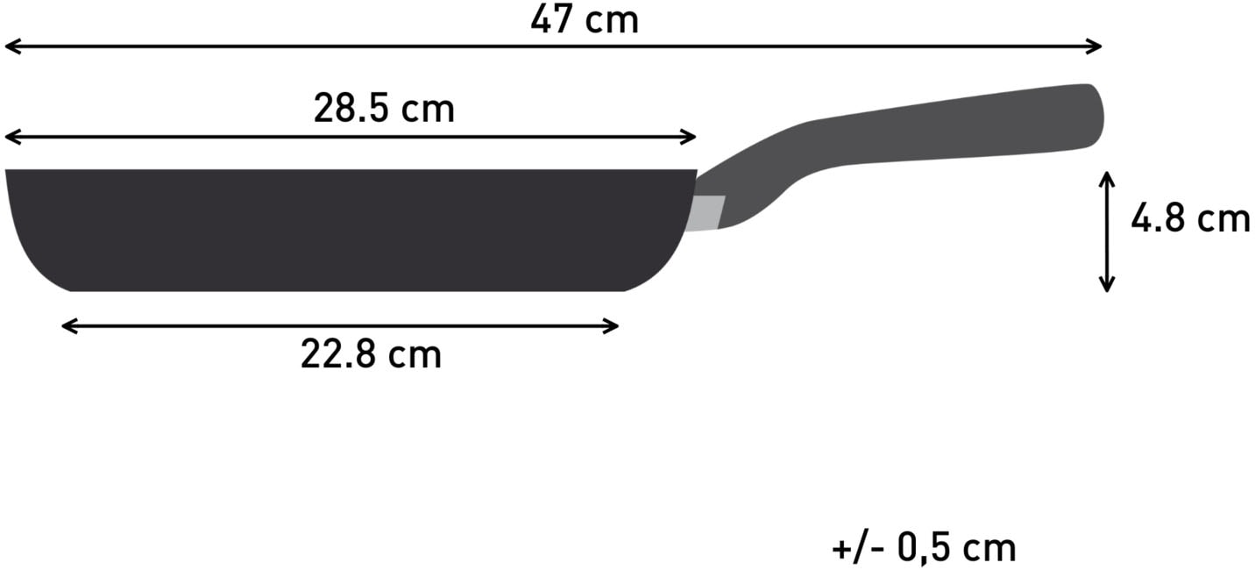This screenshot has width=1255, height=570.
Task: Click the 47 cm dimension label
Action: pyautogui.click(x=585, y=19)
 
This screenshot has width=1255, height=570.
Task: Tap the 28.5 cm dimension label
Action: pyautogui.click(x=384, y=109)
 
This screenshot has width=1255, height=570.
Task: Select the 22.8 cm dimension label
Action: pyautogui.click(x=371, y=355)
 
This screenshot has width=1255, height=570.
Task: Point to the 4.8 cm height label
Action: pyautogui.click(x=1189, y=219)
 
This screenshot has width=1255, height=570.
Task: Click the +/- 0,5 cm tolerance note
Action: pyautogui.click(x=924, y=548)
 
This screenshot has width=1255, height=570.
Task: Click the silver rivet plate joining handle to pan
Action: pyautogui.click(x=706, y=213)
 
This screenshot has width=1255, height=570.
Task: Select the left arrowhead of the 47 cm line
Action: pyautogui.click(x=11, y=46)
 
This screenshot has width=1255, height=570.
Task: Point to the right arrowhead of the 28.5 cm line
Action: pyautogui.click(x=690, y=137)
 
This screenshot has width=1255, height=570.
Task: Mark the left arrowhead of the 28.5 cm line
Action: pyautogui.click(x=11, y=137)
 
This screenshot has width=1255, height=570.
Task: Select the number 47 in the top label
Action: pyautogui.click(x=550, y=19)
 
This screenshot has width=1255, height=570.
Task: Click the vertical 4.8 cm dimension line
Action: pyautogui.click(x=1107, y=232)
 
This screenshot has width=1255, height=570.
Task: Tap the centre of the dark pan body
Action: pyautogui.click(x=351, y=230)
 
